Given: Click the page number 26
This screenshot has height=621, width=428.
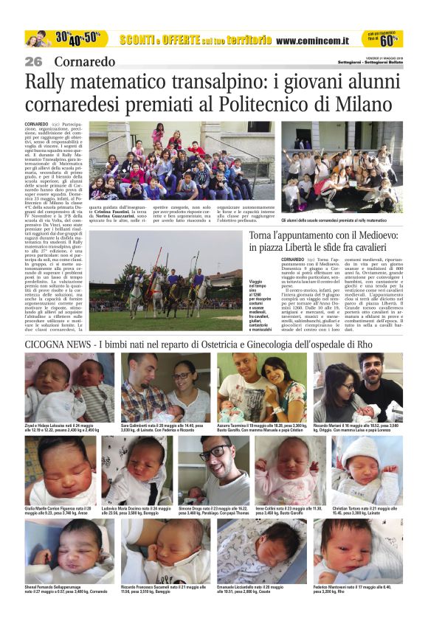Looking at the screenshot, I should [x=33, y=61].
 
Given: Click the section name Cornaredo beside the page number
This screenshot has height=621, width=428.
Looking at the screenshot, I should [x=84, y=61].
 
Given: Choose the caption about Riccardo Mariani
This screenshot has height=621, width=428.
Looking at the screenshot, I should [x=357, y=427].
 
